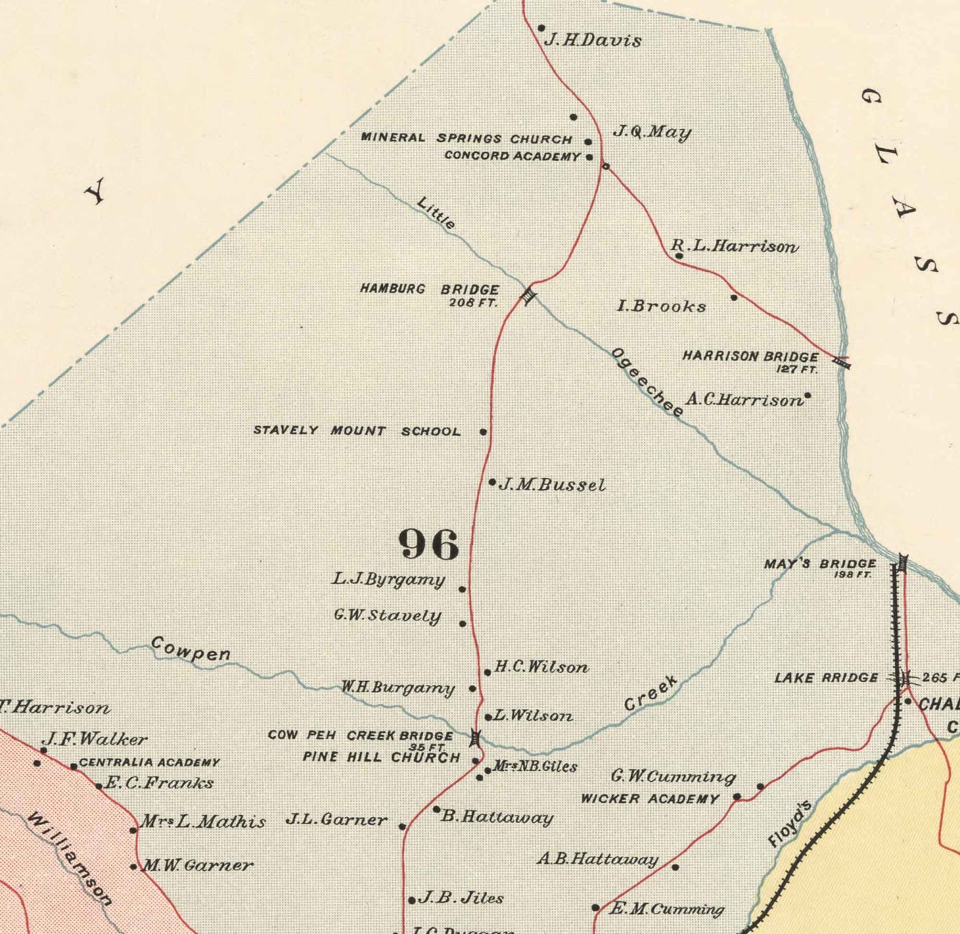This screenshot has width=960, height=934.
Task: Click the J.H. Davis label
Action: pos(592,40)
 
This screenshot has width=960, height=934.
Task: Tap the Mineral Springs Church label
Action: pos(466,138)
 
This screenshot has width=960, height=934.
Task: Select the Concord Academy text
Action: pos(512,156)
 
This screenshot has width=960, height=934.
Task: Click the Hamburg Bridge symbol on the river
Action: pos(529,295)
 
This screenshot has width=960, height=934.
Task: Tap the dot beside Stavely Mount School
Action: pos(483,432)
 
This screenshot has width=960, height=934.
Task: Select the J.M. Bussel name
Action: pos(552,485)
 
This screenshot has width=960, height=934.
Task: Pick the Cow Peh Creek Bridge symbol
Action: pos(476,737)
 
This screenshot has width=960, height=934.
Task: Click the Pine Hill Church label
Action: pos(381,757)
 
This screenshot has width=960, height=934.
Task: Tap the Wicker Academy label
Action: pos(650,799)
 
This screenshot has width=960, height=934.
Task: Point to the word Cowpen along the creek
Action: pos(190,648)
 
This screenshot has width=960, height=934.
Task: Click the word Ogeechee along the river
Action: pos(647,382)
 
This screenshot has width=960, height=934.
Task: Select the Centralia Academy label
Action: pos(149,763)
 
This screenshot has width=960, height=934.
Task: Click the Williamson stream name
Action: pos(70,859)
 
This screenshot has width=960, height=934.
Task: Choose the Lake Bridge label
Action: pos(826,678)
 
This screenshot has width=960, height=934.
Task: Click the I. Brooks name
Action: pos(661,307)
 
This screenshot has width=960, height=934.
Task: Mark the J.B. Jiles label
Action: pos(461,898)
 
